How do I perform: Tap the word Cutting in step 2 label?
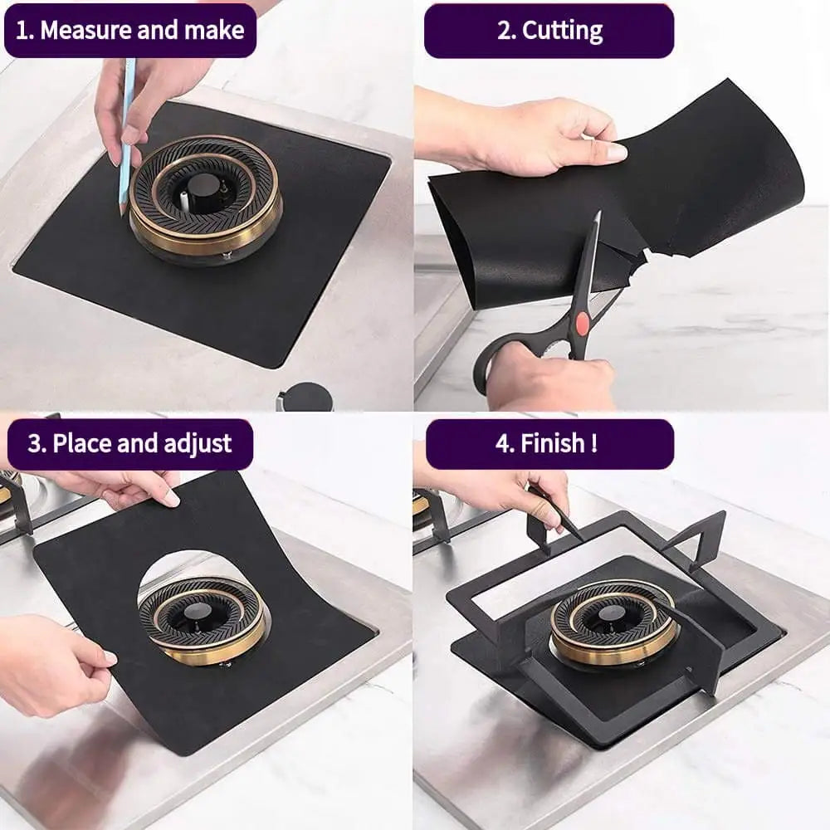tap(561, 31)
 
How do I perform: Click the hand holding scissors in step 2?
tap(548, 378)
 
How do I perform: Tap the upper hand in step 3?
tap(124, 488)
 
